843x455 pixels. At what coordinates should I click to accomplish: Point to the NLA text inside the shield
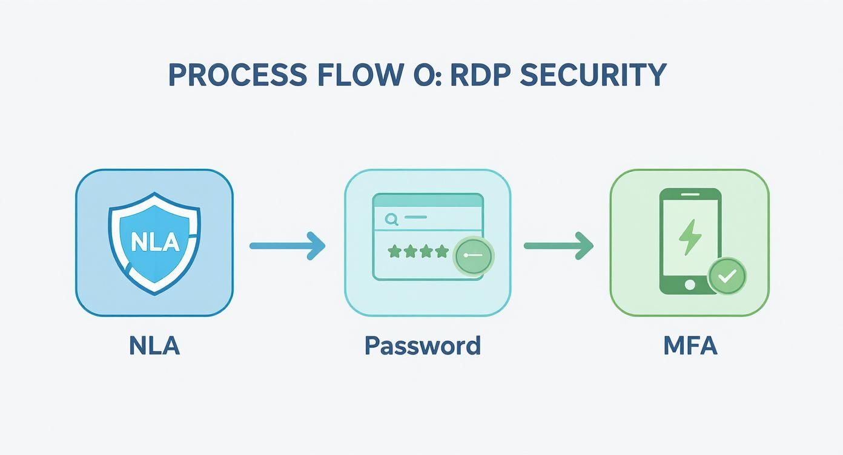(x=154, y=242)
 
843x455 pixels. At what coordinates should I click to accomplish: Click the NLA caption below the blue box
(x=154, y=346)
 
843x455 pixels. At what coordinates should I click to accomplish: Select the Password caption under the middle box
(x=423, y=346)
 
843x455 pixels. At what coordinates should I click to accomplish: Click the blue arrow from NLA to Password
(x=287, y=245)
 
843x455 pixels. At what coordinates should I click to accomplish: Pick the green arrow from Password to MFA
(x=558, y=245)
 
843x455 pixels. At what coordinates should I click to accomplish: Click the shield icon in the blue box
(x=154, y=242)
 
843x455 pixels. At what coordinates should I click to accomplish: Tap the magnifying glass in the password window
(x=391, y=219)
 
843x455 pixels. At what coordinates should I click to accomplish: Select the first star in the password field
(x=394, y=251)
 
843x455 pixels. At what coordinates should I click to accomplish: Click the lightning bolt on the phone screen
(x=690, y=237)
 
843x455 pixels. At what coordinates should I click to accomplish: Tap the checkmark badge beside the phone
(x=726, y=275)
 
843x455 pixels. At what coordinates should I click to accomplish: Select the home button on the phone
(x=690, y=283)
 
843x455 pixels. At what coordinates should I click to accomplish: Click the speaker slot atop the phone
(x=690, y=195)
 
